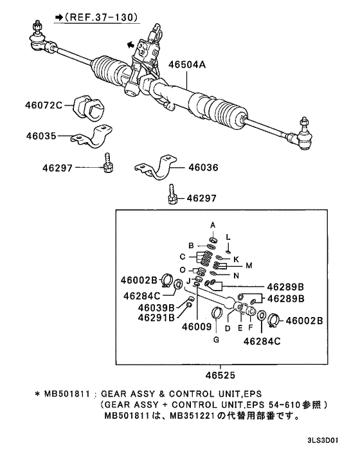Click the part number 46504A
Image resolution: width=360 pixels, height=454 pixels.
[188, 65]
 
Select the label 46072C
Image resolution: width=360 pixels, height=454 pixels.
[44, 105]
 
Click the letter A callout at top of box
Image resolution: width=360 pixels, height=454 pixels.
[213, 223]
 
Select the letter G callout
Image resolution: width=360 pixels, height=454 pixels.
[216, 339]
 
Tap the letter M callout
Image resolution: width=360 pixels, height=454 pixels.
[249, 265]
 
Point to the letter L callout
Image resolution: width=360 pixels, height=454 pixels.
[228, 237]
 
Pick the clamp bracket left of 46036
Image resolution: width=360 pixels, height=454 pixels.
[157, 168]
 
